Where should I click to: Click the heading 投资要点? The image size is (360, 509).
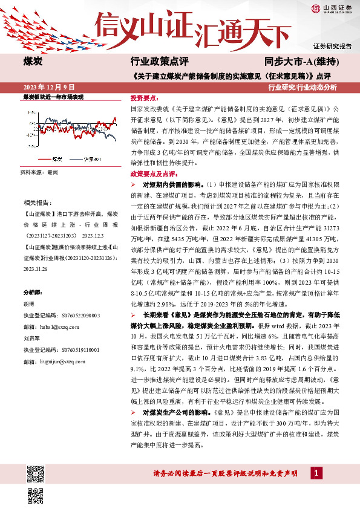point(145,97)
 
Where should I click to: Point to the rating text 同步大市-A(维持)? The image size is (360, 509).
point(301,62)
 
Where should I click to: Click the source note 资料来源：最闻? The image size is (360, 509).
point(39,173)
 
